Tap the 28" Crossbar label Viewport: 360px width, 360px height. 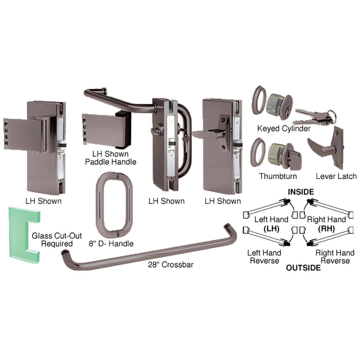(170, 264)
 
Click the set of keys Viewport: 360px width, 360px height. (314, 116)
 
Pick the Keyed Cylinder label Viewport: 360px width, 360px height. (283, 128)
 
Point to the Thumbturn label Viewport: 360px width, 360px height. (278, 176)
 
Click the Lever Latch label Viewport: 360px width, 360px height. (336, 176)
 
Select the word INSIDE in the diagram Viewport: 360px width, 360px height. (301, 192)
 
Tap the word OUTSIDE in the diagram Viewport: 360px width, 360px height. (303, 268)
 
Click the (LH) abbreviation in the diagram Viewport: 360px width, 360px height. (271, 229)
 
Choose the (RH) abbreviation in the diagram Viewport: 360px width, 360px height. (326, 229)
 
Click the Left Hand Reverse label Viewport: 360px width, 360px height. (264, 256)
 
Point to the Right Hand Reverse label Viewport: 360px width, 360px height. (335, 256)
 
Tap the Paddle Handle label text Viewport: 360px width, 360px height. (110, 162)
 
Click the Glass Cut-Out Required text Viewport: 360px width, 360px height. (57, 240)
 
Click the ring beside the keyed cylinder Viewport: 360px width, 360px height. (259, 100)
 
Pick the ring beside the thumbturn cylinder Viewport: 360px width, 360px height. (258, 152)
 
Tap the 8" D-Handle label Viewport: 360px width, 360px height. (111, 244)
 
